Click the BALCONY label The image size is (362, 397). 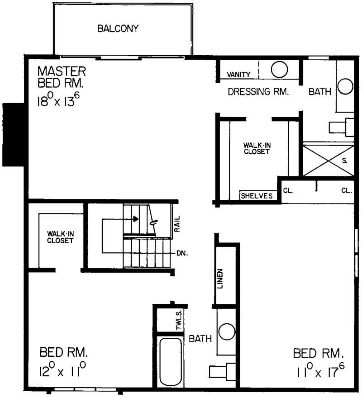coord(118,29)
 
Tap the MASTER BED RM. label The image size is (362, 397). coord(62,77)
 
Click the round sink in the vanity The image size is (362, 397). coord(280,70)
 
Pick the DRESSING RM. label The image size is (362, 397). coord(258,92)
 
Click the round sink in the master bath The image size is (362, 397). coord(345,86)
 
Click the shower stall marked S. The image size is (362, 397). coord(328,160)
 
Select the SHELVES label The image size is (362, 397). coord(257,196)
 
